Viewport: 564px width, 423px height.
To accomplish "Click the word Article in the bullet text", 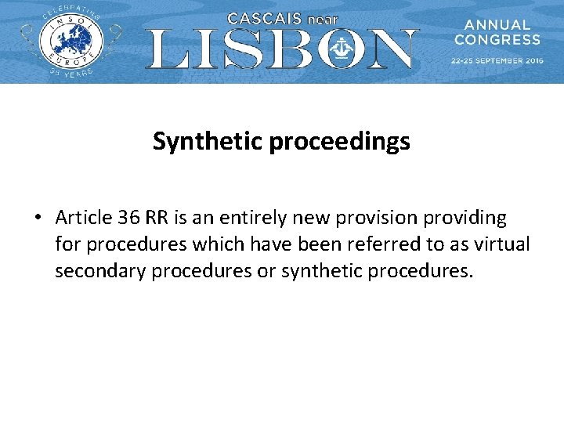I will point(81,218).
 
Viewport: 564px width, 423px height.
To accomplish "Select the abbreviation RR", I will point(157,218).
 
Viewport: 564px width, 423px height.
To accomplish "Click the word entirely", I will point(244,218).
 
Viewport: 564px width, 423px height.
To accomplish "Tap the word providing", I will point(467,218).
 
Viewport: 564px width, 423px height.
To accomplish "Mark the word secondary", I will point(96,272).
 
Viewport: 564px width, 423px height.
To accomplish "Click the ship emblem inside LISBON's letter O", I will point(342,49).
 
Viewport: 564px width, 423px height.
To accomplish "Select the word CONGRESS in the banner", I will point(497,39).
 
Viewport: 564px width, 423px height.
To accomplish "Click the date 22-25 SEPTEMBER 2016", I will point(497,60).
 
